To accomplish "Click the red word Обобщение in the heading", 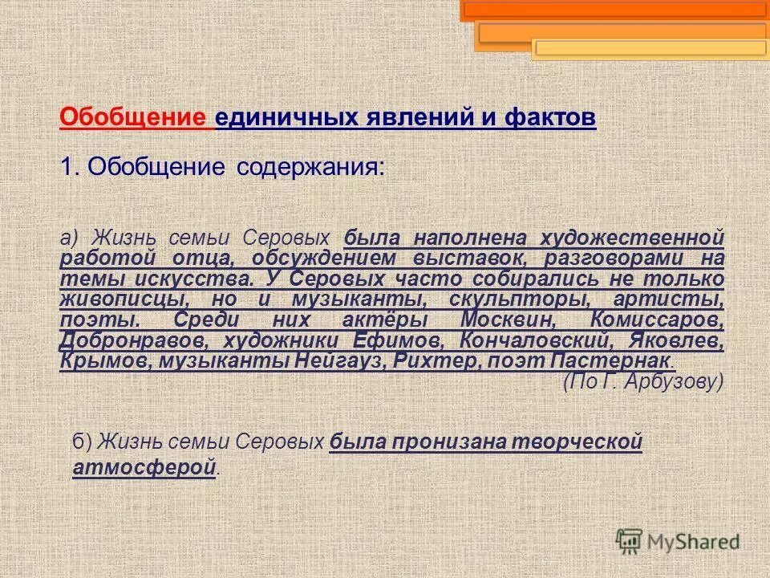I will point(133,118).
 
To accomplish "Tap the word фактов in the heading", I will point(550,118).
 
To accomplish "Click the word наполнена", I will point(472,238).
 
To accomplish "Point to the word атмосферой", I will point(144,467).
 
